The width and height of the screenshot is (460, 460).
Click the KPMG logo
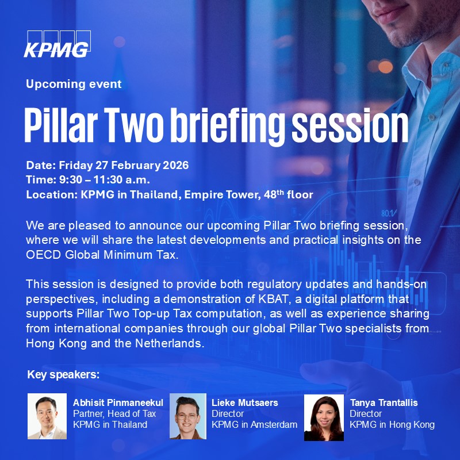coord(56,44)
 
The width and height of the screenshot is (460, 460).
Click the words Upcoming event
coord(74,84)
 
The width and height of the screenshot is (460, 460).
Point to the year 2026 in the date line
coord(175,164)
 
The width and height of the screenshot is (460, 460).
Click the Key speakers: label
coord(63,375)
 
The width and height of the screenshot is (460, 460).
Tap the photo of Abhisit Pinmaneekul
coord(47,416)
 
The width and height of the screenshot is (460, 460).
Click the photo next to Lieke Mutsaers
coord(187,416)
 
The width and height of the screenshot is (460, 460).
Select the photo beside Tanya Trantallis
coord(324,416)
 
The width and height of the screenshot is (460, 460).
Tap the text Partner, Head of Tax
coord(114,414)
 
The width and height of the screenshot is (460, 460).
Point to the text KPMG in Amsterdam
coord(254,425)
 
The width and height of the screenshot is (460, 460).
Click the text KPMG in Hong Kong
coord(392,425)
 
